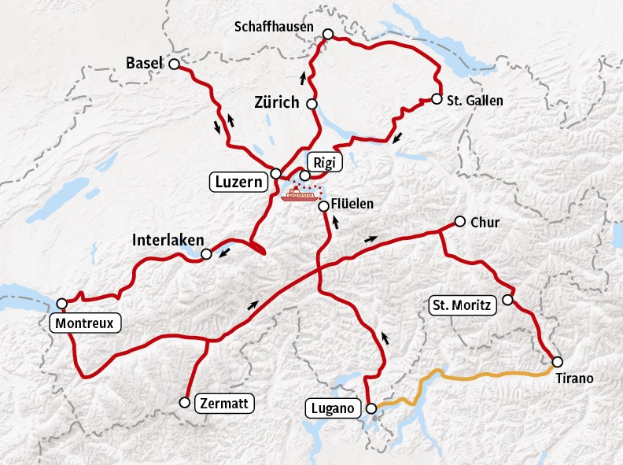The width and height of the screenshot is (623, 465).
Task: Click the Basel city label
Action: point(144,63)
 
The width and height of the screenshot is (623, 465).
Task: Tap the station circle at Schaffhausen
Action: point(328,34)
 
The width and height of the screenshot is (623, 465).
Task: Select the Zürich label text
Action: point(277,103)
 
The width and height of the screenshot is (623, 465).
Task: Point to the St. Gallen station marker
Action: point(437,99)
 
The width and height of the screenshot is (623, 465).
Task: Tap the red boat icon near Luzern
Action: point(301,193)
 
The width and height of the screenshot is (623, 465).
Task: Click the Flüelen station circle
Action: point(323,206)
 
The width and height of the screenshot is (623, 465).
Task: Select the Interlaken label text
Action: point(168,239)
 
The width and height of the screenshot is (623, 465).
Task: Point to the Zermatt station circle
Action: point(184,402)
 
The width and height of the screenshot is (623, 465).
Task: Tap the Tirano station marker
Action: point(558,362)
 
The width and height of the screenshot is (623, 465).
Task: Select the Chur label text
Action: point(485,223)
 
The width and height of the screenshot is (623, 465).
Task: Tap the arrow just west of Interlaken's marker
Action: point(224,253)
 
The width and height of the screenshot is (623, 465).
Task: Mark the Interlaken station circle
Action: point(206,254)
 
